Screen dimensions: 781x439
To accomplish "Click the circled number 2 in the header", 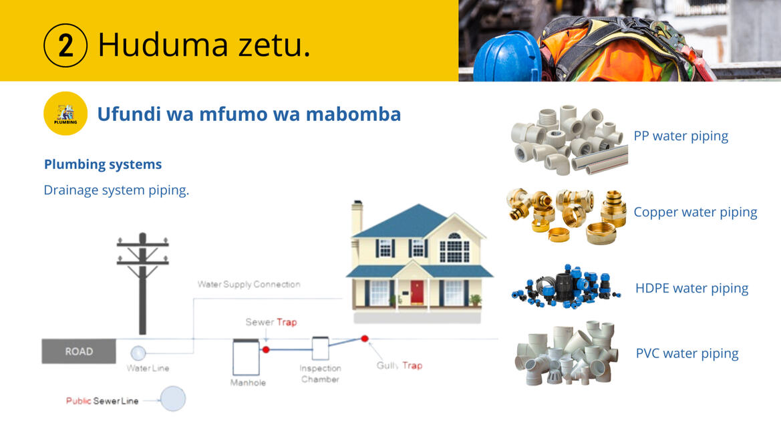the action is tap(65, 45).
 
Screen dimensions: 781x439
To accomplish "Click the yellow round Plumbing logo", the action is tap(65, 114).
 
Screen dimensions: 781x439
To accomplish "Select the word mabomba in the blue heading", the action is tap(353, 114).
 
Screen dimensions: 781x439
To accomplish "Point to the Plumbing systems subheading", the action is tap(103, 164).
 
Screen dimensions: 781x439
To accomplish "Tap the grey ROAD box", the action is tap(79, 351).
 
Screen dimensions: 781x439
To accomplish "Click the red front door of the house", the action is tap(417, 292).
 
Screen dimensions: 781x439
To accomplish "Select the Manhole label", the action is tap(248, 383).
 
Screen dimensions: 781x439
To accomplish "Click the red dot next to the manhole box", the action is tap(266, 350).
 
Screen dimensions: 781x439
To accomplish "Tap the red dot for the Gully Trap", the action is tap(365, 339).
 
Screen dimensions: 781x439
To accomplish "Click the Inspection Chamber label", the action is tap(320, 374).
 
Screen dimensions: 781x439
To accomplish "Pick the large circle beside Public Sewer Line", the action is tap(173, 399).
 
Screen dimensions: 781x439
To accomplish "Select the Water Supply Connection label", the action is tap(249, 285).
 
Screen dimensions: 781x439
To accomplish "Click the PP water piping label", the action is tap(681, 136).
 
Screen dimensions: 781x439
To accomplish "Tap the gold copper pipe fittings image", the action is tap(567, 216).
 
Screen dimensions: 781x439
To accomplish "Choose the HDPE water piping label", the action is tap(692, 289).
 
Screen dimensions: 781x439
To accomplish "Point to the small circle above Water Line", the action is tap(138, 353).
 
